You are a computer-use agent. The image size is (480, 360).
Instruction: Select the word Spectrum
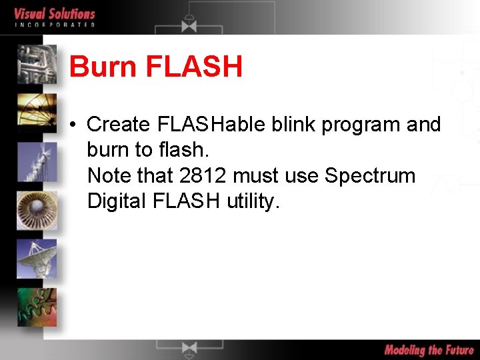tap(369, 177)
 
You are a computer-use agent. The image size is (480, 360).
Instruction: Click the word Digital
tap(117, 201)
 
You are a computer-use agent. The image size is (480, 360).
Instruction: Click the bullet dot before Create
tap(77, 125)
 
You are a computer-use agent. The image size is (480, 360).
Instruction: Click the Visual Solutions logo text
tap(55, 13)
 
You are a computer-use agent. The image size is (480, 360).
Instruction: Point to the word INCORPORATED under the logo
tap(55, 25)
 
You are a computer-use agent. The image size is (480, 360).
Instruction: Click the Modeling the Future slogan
tap(429, 350)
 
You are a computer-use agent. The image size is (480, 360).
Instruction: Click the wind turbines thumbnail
tap(37, 161)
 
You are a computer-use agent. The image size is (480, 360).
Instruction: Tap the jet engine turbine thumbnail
tap(37, 210)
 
